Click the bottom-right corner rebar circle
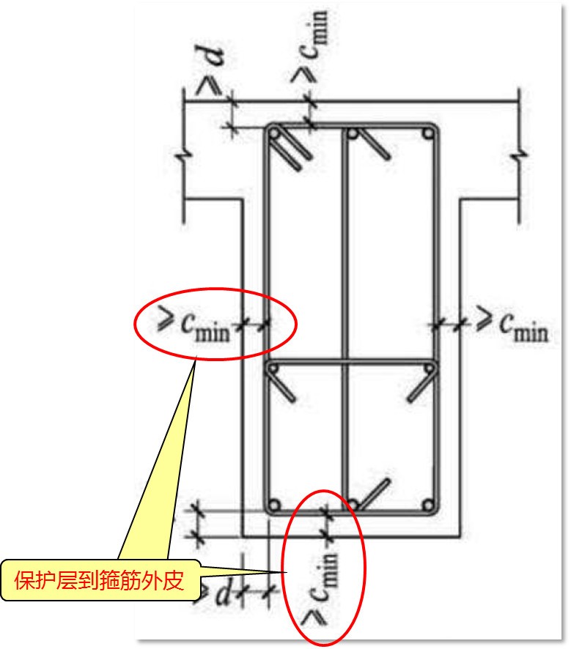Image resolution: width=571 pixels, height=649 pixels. (427, 505)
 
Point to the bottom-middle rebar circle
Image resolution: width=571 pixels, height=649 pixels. (353, 505)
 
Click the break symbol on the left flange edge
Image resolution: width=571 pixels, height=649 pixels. (183, 156)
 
